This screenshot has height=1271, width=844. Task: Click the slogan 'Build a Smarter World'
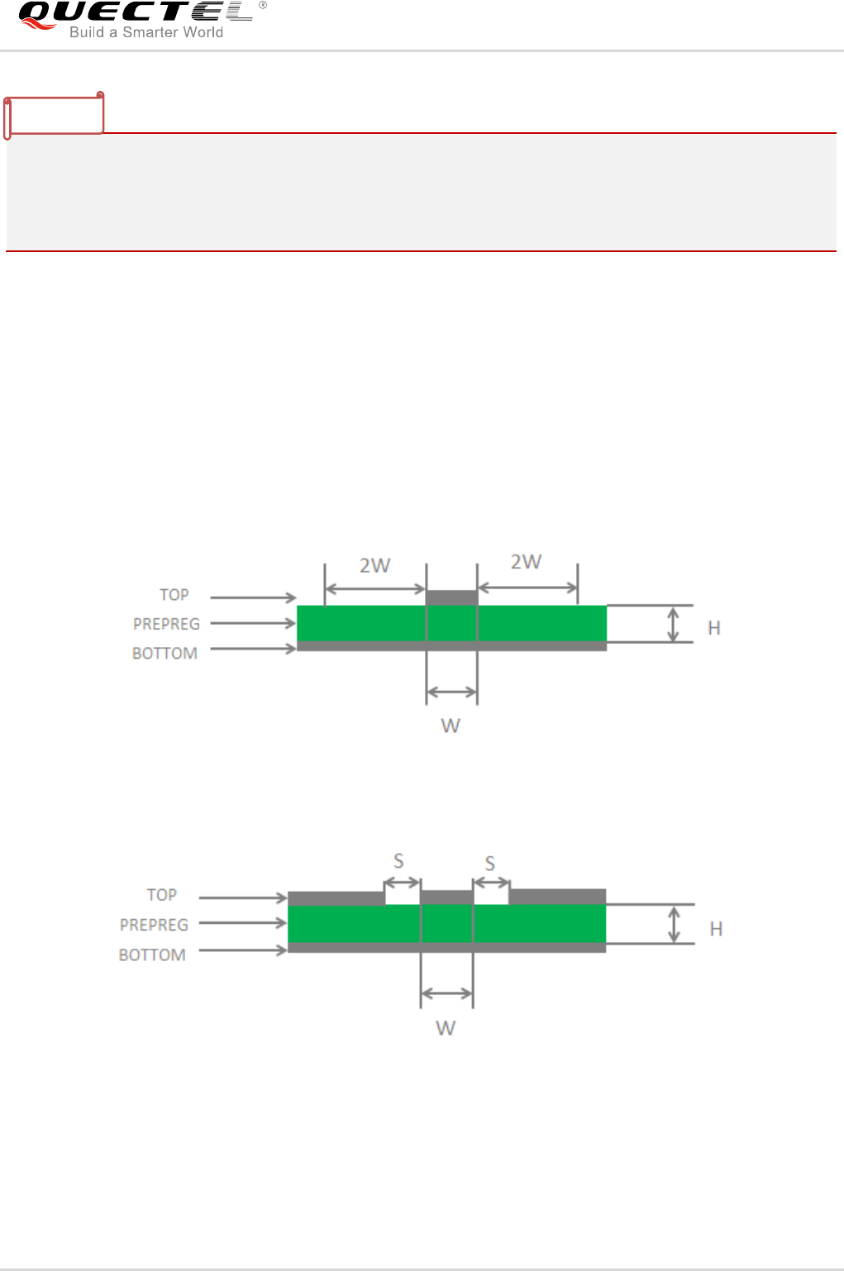pyautogui.click(x=145, y=32)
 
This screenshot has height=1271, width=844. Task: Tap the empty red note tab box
pyautogui.click(x=54, y=115)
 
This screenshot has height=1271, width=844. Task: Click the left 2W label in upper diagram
pyautogui.click(x=374, y=565)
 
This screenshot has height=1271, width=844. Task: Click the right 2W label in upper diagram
pyautogui.click(x=526, y=562)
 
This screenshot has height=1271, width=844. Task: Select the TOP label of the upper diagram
pyautogui.click(x=174, y=595)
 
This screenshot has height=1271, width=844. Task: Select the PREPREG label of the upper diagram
pyautogui.click(x=166, y=624)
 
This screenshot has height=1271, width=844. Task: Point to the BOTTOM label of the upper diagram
pyautogui.click(x=165, y=653)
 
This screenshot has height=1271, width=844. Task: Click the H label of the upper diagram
pyautogui.click(x=714, y=628)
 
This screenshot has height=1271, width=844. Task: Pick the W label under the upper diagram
pyautogui.click(x=451, y=726)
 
